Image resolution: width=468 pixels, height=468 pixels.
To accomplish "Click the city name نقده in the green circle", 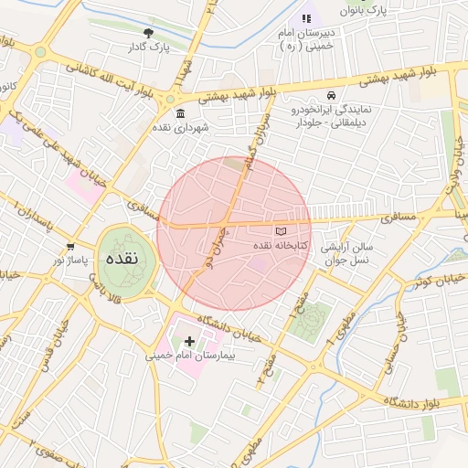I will coord(122,259).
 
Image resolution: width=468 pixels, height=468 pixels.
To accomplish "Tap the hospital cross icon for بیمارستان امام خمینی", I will coord(189,341).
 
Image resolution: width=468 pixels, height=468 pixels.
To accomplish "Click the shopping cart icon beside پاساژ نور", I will coord(71,247).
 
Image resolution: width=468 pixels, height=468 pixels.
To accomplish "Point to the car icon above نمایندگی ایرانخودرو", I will coord(329,95).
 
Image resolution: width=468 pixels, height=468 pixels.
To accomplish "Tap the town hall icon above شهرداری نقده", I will coord(179,113).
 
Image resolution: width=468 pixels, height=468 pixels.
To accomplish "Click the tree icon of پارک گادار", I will coord(148,32).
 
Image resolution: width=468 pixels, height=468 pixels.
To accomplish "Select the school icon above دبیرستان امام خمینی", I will coord(305,18).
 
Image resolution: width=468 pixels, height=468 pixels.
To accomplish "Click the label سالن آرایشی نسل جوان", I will coord(348,253).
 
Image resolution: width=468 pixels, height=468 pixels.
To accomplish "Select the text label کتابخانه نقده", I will coord(280,246).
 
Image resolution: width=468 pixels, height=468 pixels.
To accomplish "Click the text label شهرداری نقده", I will coord(180,127).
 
